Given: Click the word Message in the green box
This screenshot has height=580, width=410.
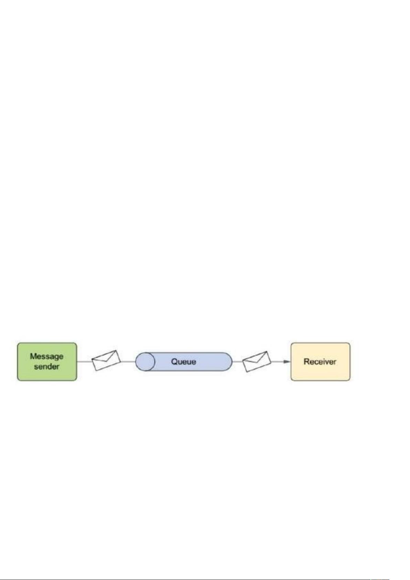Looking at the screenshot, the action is point(46,357).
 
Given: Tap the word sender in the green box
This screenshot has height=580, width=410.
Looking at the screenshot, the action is point(47,367).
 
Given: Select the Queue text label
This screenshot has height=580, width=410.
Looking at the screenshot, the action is point(184,361).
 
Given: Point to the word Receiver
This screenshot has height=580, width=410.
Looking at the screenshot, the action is point(320,361).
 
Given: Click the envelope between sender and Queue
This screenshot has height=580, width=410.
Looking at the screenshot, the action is point(106,360).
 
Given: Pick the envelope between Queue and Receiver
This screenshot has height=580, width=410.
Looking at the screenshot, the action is point(257,361).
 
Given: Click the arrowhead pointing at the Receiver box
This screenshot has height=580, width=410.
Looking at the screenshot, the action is point(287,362).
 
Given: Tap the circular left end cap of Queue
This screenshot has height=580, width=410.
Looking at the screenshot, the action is point(145,362).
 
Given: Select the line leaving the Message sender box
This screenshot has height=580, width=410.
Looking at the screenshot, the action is point(85,362).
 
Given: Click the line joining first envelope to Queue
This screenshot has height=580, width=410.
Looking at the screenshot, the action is point(128,362).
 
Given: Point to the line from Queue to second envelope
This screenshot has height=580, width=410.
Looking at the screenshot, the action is point(237,362).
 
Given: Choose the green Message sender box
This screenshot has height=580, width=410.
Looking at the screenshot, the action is point(47,362).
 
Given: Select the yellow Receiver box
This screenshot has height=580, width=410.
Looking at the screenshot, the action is point(321,362).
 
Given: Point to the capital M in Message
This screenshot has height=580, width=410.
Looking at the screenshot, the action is point(34,356).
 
